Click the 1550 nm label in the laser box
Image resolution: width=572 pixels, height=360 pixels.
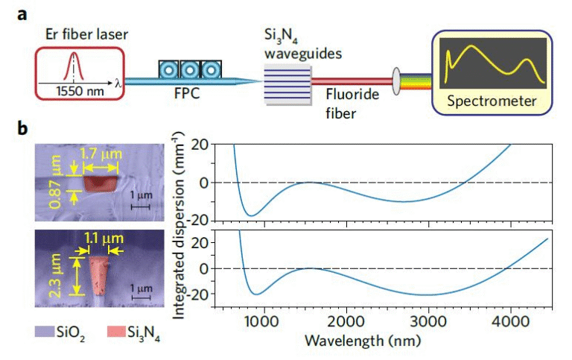[x=76, y=92]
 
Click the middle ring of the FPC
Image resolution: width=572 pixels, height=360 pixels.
[x=190, y=71]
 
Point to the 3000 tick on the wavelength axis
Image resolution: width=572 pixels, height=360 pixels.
[x=427, y=320]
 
